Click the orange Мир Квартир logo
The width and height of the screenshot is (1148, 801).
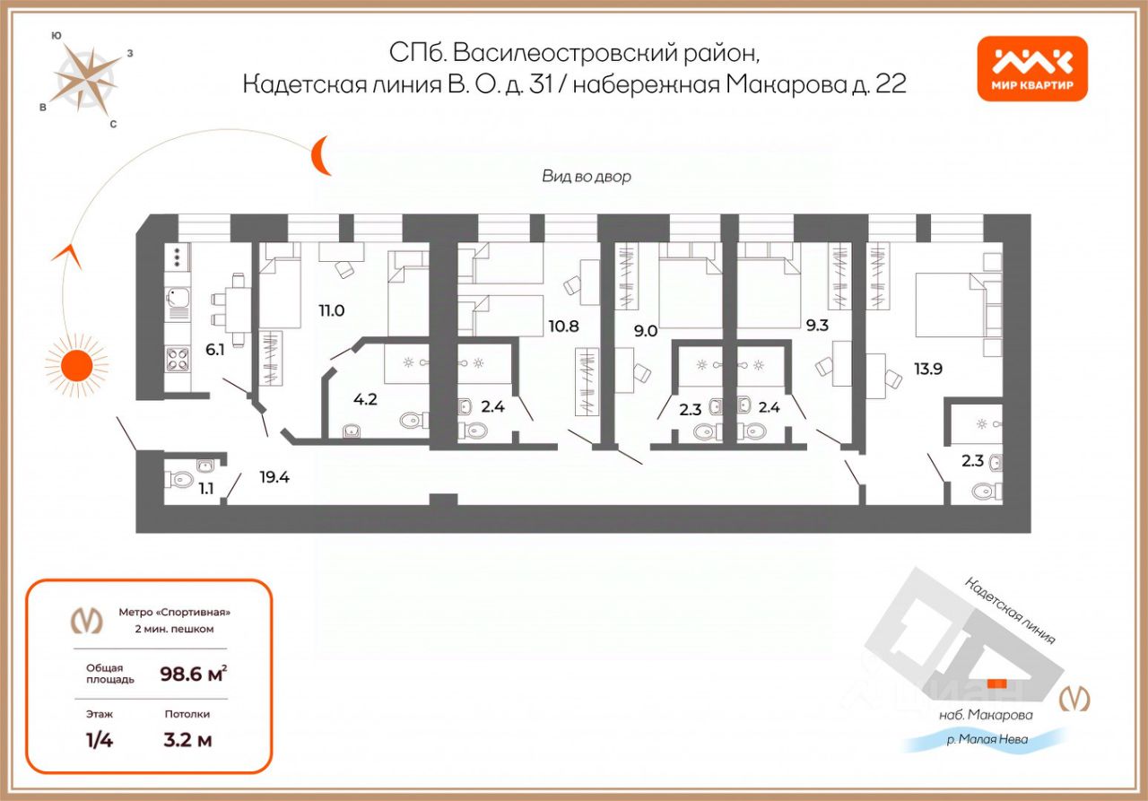tap(1031, 68)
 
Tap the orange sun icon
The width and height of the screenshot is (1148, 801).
tap(76, 365)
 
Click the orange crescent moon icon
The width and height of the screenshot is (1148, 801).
tap(321, 156)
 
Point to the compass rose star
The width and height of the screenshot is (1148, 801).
tap(87, 76)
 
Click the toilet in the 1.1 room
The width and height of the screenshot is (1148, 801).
tap(180, 480)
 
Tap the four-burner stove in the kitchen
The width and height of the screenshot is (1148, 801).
tap(177, 360)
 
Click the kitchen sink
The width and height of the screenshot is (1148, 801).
tap(177, 299)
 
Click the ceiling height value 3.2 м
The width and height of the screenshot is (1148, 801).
tap(187, 741)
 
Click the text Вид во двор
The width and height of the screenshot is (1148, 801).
tap(586, 177)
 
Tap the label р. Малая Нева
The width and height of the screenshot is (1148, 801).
tap(987, 740)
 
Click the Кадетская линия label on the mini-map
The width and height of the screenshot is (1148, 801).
tap(1010, 610)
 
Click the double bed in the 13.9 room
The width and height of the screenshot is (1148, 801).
tap(951, 305)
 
